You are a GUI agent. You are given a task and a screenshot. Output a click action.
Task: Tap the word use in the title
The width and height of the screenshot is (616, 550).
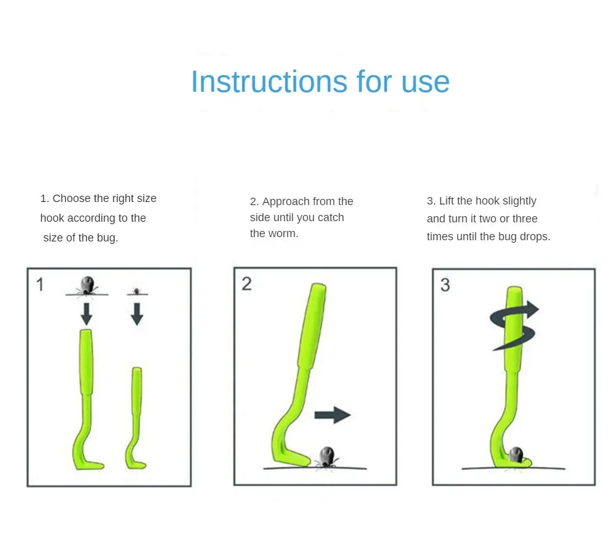click(x=425, y=81)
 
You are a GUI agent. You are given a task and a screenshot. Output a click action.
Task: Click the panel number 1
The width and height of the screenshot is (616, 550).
click(x=40, y=285)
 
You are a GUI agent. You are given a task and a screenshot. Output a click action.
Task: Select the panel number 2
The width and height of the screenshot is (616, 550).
click(x=246, y=284)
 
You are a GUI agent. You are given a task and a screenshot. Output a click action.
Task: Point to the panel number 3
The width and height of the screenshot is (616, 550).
click(x=445, y=285)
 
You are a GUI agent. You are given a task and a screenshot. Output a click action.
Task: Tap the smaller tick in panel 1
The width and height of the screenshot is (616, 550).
click(x=137, y=290)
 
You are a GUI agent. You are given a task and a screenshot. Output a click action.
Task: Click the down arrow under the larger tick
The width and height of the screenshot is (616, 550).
click(x=87, y=313)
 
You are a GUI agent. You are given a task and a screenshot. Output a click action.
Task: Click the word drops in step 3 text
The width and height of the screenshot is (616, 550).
click(x=535, y=237)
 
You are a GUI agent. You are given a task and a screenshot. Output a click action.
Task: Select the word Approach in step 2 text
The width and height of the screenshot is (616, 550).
click(x=286, y=201)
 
